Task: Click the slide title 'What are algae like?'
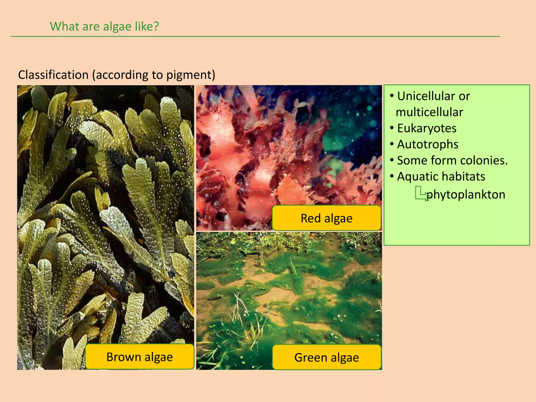coord(104,26)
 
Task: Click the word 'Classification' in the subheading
coord(53,75)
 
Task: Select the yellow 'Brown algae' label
coord(139,357)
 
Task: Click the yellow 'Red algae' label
coord(326,218)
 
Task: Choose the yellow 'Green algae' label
coord(326,357)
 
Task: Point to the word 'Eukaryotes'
coord(427,128)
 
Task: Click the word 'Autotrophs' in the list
coord(428,144)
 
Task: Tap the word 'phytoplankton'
coord(466,194)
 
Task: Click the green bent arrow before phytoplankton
coord(422,194)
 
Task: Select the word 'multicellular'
coord(429,112)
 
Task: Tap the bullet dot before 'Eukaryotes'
coord(392,128)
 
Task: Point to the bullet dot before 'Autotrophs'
coord(392,144)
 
